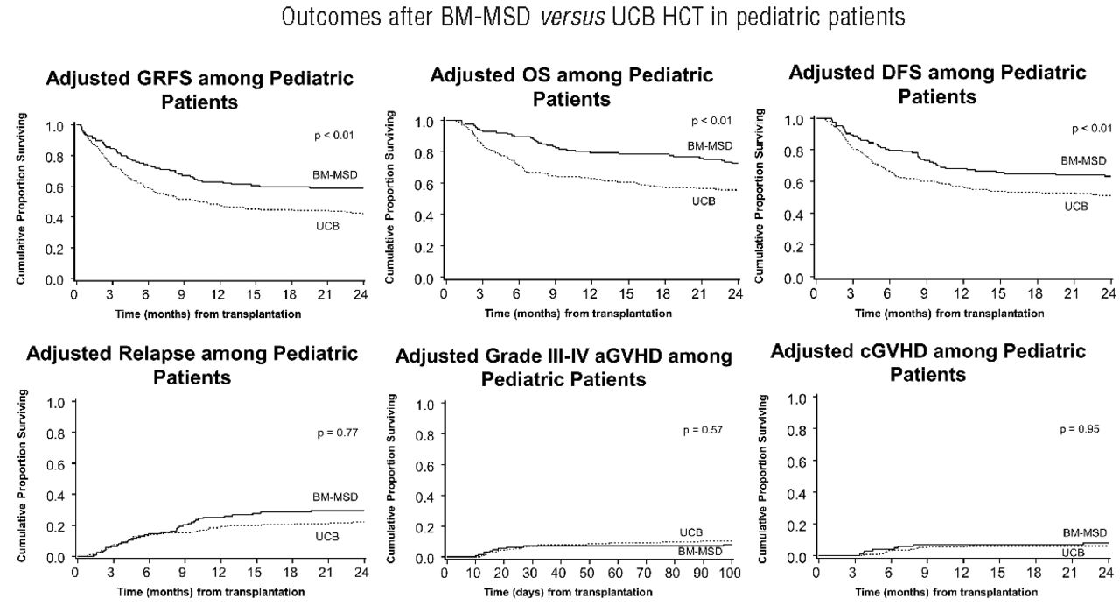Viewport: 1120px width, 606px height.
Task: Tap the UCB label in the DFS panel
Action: tap(1075, 207)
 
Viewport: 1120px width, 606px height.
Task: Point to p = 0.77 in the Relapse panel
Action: tap(338, 433)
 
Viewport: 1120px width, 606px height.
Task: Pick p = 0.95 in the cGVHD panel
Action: tap(1079, 429)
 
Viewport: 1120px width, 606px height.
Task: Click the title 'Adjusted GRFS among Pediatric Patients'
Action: tap(199, 89)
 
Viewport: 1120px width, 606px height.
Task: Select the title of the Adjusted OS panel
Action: tap(571, 87)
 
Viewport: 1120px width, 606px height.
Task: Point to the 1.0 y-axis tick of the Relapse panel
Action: tap(56, 404)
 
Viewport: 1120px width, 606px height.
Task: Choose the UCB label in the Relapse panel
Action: tap(326, 536)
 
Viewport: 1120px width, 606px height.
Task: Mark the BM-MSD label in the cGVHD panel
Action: tap(1084, 532)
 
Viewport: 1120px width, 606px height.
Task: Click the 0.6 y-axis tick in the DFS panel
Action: tap(796, 182)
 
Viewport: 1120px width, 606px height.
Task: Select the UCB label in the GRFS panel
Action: tap(327, 225)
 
